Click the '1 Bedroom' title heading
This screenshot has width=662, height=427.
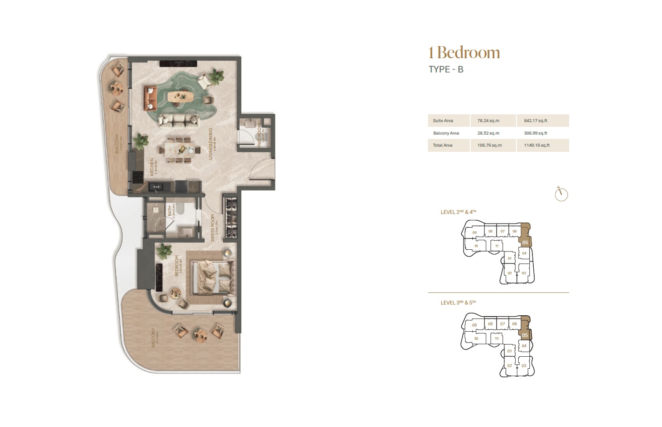point(464,53)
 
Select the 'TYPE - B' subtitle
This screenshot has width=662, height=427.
point(446,69)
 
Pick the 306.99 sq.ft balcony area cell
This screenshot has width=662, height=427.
point(535,133)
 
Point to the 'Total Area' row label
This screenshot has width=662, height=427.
point(443,145)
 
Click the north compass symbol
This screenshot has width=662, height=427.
point(561,195)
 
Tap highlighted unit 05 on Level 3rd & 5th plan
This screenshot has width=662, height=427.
point(525,335)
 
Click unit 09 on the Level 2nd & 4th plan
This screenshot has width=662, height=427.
point(474,233)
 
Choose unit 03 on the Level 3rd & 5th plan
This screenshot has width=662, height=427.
point(524,366)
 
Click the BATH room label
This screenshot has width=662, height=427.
point(170,211)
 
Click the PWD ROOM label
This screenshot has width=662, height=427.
point(260,137)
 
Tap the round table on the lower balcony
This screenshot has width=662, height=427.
point(200,334)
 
